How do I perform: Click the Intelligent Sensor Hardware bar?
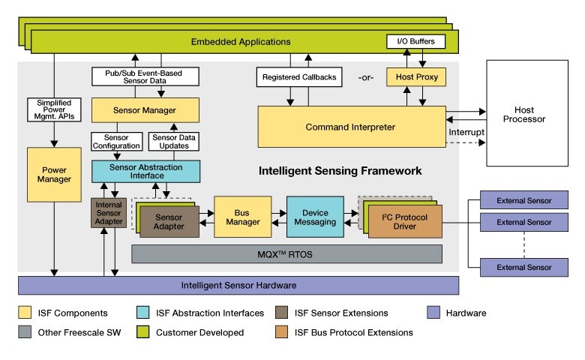click(x=238, y=286)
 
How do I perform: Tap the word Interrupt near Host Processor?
click(x=467, y=133)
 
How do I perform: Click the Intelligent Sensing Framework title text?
click(x=340, y=171)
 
